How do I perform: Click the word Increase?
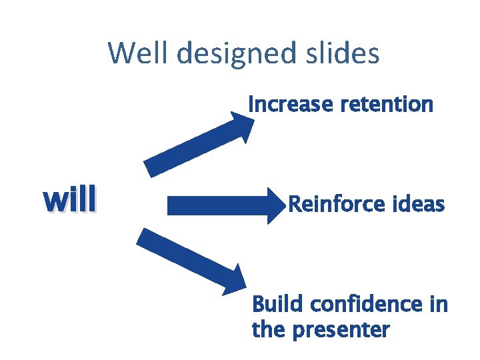[290, 104]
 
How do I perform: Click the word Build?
[273, 305]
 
